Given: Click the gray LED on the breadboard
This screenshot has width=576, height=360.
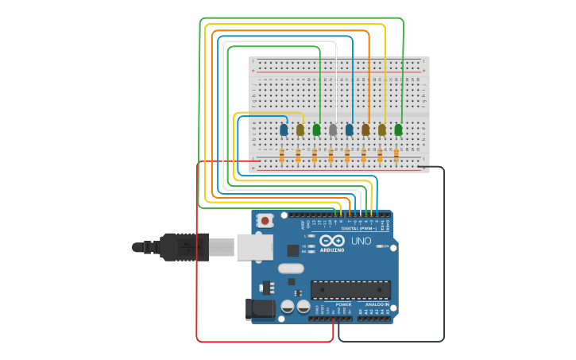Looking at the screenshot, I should (x=333, y=129).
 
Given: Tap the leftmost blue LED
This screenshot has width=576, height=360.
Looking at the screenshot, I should (x=284, y=129).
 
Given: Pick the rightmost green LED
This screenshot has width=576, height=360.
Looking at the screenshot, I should (x=398, y=129).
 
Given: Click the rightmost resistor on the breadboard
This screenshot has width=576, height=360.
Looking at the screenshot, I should (x=396, y=154).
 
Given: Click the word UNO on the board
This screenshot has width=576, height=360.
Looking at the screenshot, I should (x=361, y=240).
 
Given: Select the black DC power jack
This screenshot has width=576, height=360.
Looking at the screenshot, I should (x=261, y=309).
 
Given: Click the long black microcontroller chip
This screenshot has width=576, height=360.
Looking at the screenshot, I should (x=350, y=289).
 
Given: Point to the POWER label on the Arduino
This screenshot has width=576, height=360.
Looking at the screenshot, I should (x=343, y=304).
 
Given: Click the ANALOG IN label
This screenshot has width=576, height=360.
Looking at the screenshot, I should (x=377, y=304).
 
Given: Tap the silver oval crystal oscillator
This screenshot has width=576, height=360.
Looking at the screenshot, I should (x=292, y=269).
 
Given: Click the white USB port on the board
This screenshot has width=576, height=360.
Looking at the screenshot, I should (x=254, y=247).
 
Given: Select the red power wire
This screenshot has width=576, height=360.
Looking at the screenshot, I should (x=197, y=262).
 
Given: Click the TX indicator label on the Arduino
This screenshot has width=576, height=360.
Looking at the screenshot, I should (x=304, y=244).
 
